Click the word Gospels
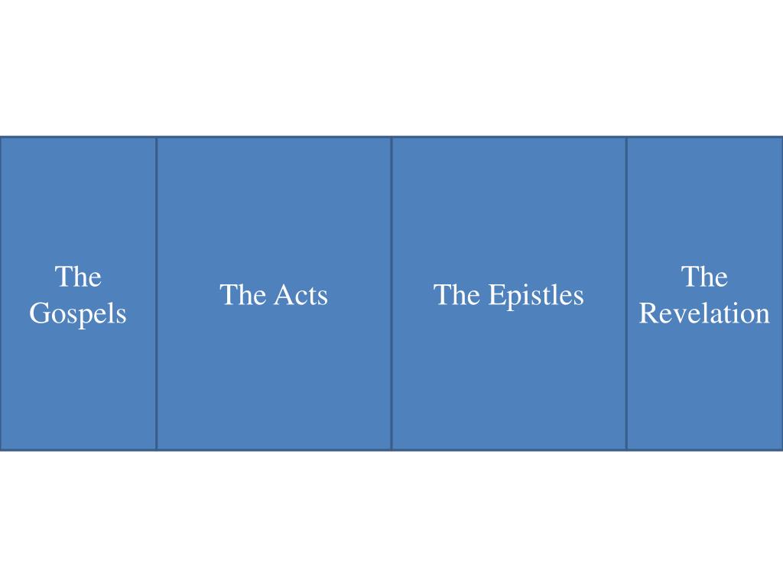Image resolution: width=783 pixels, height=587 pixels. pyautogui.click(x=78, y=314)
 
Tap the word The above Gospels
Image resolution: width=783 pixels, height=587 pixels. pyautogui.click(x=78, y=277)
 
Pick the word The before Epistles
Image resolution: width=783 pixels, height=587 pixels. pyautogui.click(x=456, y=295)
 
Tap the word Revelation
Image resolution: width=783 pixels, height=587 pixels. pyautogui.click(x=704, y=314)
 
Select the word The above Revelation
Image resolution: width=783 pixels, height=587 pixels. pyautogui.click(x=704, y=277)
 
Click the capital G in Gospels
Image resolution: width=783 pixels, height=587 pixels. pyautogui.click(x=39, y=314)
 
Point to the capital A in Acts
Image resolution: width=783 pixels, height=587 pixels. pyautogui.click(x=278, y=295)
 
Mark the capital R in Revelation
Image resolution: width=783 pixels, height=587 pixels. pyautogui.click(x=648, y=314)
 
